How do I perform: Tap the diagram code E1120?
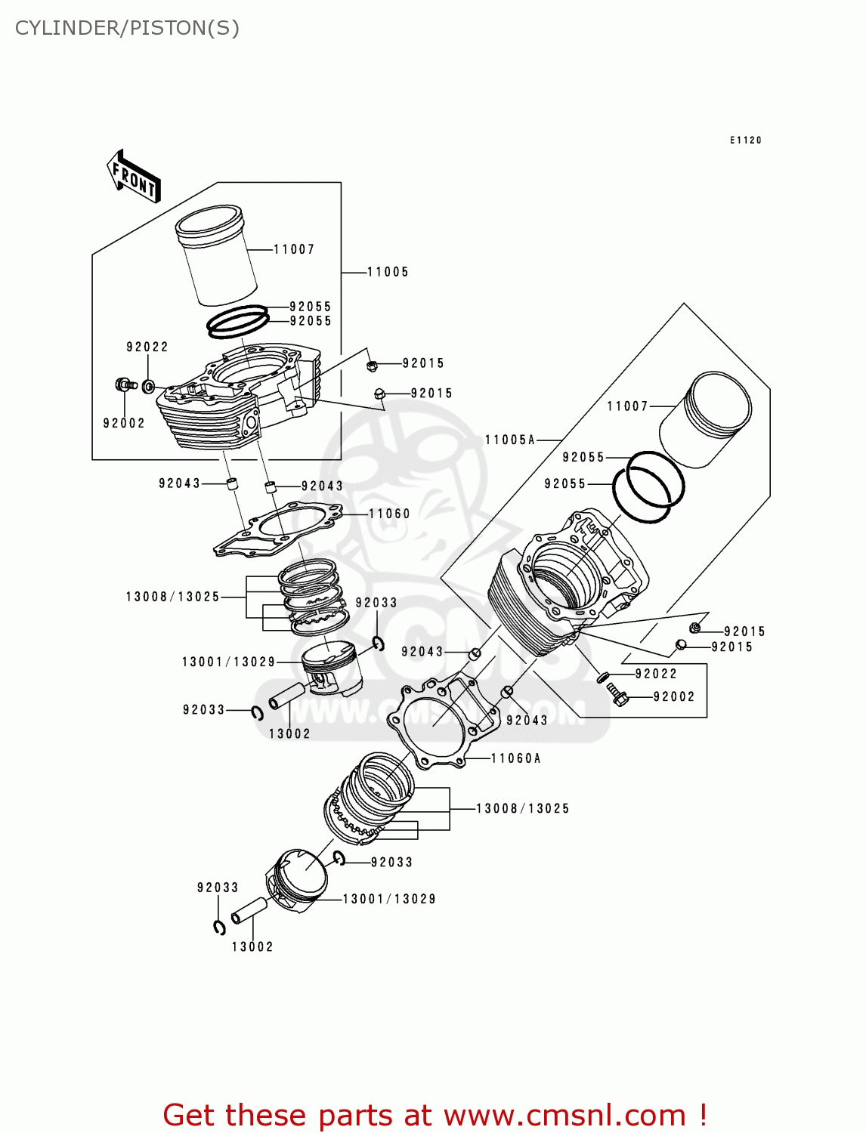[x=745, y=140]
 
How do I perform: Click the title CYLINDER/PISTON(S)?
[x=127, y=29]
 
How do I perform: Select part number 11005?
[x=388, y=272]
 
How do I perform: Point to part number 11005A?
[x=509, y=440]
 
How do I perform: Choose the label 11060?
[x=389, y=514]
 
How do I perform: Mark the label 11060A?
[x=515, y=758]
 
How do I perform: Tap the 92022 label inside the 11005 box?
[x=147, y=347]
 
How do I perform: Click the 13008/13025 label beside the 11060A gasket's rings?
[x=522, y=808]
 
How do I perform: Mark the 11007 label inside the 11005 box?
[x=294, y=249]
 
